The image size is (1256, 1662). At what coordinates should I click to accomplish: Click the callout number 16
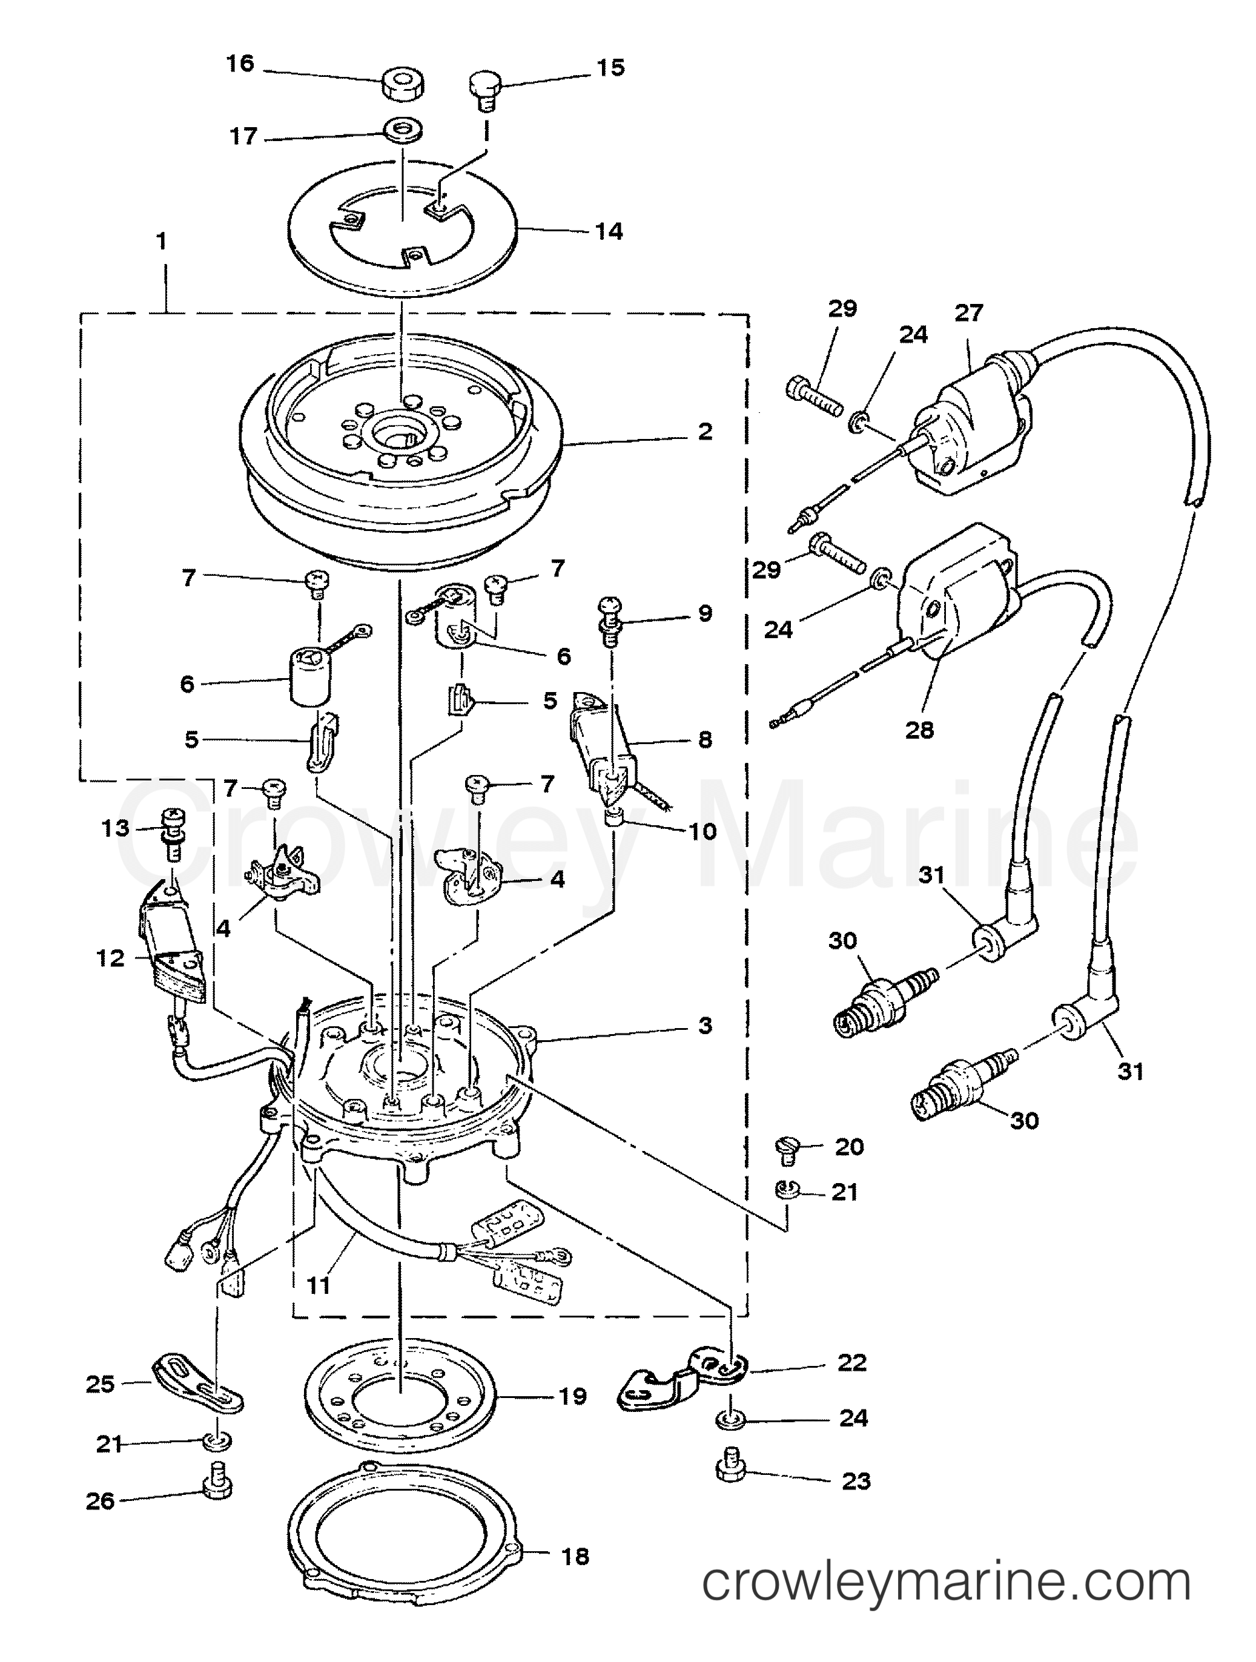click(x=240, y=64)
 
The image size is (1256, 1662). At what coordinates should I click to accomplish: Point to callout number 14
click(x=609, y=231)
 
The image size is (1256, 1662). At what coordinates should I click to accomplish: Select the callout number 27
click(x=968, y=312)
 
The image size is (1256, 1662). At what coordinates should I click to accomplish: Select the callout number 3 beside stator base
click(x=704, y=1025)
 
